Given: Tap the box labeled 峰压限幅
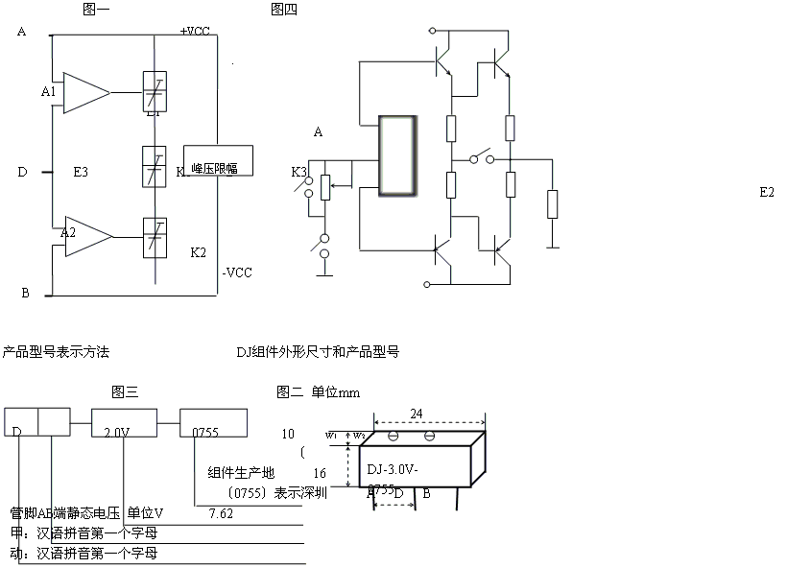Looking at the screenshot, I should (x=218, y=161).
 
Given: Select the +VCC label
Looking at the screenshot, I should (x=195, y=32).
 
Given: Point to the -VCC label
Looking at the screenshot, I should (x=237, y=272).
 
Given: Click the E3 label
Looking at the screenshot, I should (x=81, y=173).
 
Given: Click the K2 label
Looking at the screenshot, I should (x=198, y=252).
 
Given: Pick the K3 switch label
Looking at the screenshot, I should (x=299, y=172).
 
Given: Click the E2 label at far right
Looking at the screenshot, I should (x=766, y=192).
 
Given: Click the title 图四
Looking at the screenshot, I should (x=284, y=10).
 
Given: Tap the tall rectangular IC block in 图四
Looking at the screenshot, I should (x=398, y=157).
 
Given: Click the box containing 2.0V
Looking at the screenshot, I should (x=122, y=422).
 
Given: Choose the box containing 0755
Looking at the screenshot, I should (x=214, y=422).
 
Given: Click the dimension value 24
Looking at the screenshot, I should (x=417, y=414).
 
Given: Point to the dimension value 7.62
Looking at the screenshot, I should (x=222, y=513).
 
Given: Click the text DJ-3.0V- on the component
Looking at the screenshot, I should (x=402, y=470).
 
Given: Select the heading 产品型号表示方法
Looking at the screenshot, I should (x=56, y=352).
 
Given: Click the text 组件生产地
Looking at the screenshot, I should (x=241, y=473).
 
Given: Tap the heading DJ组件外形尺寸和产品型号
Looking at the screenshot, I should (x=317, y=352).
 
